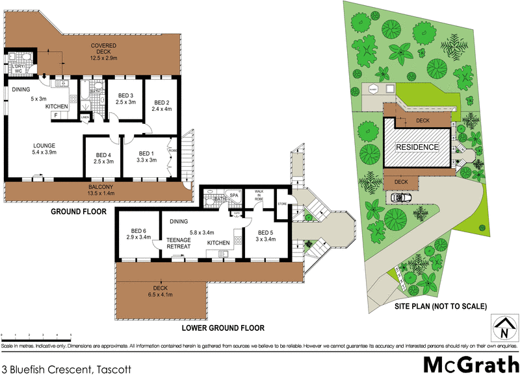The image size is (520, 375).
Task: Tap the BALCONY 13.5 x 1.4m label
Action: tap(101, 189)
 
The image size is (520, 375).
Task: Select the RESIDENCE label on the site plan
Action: tap(417, 147)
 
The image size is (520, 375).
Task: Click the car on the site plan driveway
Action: tap(399, 197)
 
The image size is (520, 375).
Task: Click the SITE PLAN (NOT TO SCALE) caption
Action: tap(442, 306)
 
